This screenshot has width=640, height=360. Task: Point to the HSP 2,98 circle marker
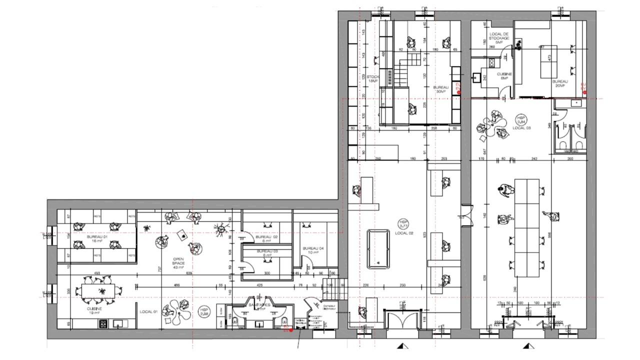204,311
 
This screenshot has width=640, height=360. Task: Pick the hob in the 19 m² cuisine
104,323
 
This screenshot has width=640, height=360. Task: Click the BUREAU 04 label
313,250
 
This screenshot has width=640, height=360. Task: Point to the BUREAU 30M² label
441,89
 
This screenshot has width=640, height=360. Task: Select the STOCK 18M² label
373,79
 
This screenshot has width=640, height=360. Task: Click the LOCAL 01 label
148,311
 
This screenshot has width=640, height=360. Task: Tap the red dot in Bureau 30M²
458,92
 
